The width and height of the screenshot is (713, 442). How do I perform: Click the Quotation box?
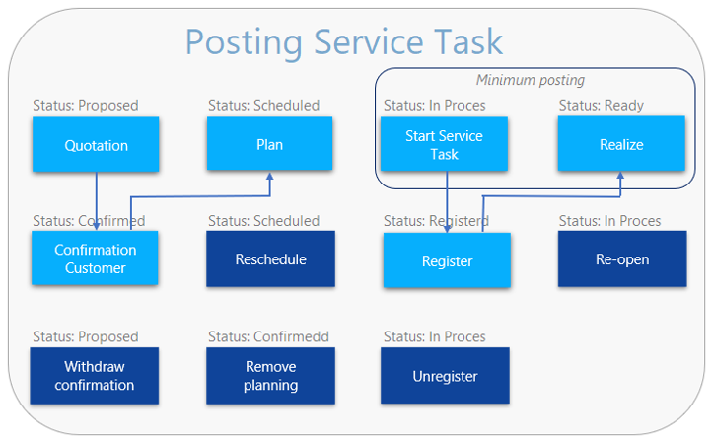click(x=96, y=145)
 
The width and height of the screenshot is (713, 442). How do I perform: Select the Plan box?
click(x=269, y=144)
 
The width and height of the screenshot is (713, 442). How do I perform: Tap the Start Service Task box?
click(x=445, y=145)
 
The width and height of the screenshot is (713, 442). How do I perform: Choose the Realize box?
click(x=620, y=144)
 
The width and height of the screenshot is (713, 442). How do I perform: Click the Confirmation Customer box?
click(x=95, y=258)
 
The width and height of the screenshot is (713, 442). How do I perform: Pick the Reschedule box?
click(x=270, y=259)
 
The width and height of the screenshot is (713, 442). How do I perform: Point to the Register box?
click(x=447, y=261)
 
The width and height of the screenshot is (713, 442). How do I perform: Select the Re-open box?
click(x=620, y=259)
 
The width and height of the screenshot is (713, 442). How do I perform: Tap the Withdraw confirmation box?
click(x=95, y=375)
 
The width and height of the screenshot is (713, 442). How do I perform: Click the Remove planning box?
click(x=270, y=375)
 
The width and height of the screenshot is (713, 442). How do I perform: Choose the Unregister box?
click(x=446, y=376)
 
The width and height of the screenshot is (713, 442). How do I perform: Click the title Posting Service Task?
click(x=343, y=42)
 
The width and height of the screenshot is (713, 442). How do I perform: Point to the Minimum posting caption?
click(x=530, y=80)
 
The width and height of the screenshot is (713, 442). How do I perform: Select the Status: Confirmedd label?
click(x=268, y=337)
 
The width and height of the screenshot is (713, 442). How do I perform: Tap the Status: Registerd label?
click(x=436, y=221)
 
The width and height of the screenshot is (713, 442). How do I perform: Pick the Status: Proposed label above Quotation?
click(x=86, y=105)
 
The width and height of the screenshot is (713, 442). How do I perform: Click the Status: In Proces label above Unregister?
click(x=435, y=337)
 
